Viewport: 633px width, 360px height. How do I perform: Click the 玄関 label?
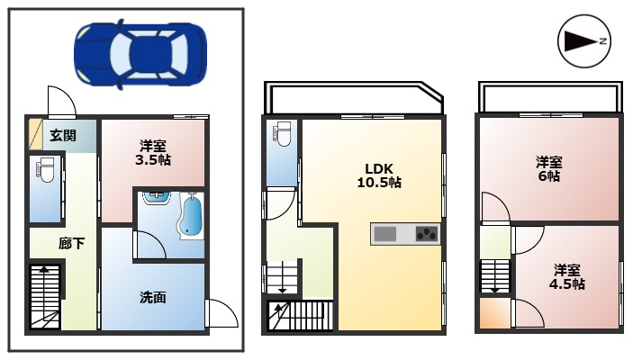62,136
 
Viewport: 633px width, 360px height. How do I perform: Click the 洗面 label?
152,297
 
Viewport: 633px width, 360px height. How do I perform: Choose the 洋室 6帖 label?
548,169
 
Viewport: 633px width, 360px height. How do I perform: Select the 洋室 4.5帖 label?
567,276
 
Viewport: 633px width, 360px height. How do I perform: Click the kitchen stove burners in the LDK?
425,234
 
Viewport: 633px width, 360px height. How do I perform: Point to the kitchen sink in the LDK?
385,234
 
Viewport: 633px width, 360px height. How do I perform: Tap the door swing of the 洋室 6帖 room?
495,208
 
